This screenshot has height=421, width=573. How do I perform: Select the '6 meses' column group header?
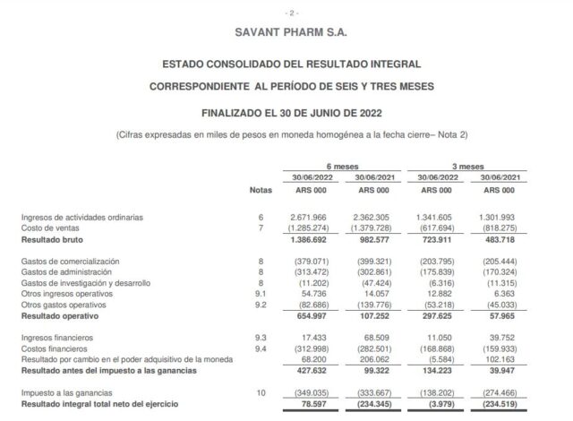339,166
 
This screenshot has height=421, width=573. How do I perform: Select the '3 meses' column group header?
463,166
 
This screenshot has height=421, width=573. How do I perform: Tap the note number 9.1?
261,292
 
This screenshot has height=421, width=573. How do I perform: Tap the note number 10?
261,393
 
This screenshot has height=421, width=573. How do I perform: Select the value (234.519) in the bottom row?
500,403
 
